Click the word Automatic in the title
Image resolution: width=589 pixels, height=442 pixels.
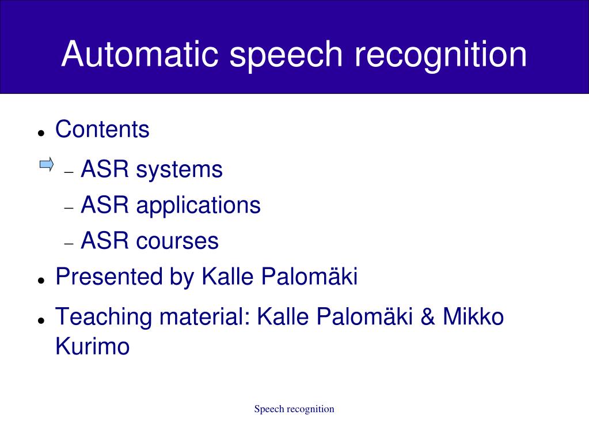pyautogui.click(x=140, y=55)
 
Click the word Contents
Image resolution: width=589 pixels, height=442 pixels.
pyautogui.click(x=102, y=129)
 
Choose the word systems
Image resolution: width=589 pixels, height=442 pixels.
pyautogui.click(x=179, y=170)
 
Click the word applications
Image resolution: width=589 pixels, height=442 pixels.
pyautogui.click(x=198, y=206)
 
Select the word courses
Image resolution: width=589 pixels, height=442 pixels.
pyautogui.click(x=177, y=241)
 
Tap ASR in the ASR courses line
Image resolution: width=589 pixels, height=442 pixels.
pyautogui.click(x=105, y=241)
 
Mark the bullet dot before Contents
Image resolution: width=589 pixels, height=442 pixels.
pyautogui.click(x=41, y=133)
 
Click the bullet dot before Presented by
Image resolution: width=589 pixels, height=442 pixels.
pyautogui.click(x=41, y=280)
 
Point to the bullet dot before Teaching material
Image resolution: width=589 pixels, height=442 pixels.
pyautogui.click(x=41, y=320)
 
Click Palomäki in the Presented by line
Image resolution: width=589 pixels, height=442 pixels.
pyautogui.click(x=310, y=277)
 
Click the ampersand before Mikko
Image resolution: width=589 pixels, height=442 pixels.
pyautogui.click(x=428, y=317)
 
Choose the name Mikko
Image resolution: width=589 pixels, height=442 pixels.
pyautogui.click(x=473, y=317)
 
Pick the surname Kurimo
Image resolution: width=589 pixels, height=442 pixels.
pyautogui.click(x=92, y=347)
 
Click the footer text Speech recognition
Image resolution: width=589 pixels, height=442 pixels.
pyautogui.click(x=294, y=409)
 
